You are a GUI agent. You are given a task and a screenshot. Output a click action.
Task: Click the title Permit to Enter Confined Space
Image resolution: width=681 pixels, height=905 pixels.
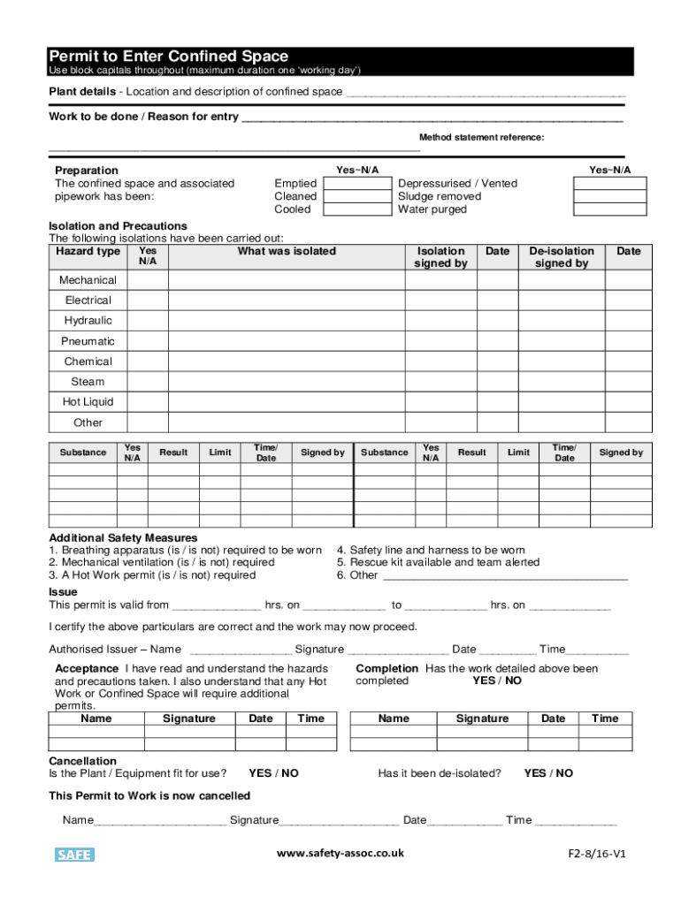168,57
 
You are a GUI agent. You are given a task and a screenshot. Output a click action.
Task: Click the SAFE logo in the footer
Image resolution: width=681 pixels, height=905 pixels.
74,855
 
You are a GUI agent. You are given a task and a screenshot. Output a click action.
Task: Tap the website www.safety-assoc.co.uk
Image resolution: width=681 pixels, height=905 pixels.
340,854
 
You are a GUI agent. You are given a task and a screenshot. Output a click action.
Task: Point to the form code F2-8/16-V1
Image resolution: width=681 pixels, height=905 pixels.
597,855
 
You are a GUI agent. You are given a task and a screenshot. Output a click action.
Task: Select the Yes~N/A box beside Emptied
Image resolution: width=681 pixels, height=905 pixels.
357,183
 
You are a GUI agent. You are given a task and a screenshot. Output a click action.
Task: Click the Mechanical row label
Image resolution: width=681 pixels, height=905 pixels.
88,280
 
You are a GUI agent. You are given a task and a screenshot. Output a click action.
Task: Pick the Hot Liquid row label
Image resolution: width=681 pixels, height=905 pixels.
88,402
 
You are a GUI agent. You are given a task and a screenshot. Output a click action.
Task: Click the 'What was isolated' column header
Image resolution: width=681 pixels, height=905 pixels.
287,252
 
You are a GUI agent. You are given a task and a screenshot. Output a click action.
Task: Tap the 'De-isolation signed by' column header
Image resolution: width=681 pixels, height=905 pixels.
562,257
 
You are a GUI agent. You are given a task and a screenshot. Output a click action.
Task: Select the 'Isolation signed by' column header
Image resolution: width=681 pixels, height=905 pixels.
440,257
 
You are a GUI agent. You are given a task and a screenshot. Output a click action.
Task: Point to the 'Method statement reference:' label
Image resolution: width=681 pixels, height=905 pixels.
481,138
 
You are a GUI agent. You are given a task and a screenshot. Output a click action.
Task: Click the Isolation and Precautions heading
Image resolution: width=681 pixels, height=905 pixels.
118,226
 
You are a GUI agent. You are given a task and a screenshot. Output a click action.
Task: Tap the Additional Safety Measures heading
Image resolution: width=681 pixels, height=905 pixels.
123,537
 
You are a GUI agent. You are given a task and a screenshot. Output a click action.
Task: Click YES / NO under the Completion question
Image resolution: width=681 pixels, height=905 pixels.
497,681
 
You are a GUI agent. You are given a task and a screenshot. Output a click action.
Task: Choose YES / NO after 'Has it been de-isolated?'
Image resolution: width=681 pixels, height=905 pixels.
548,773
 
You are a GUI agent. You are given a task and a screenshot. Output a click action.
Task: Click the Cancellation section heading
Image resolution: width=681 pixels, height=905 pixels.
82,761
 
